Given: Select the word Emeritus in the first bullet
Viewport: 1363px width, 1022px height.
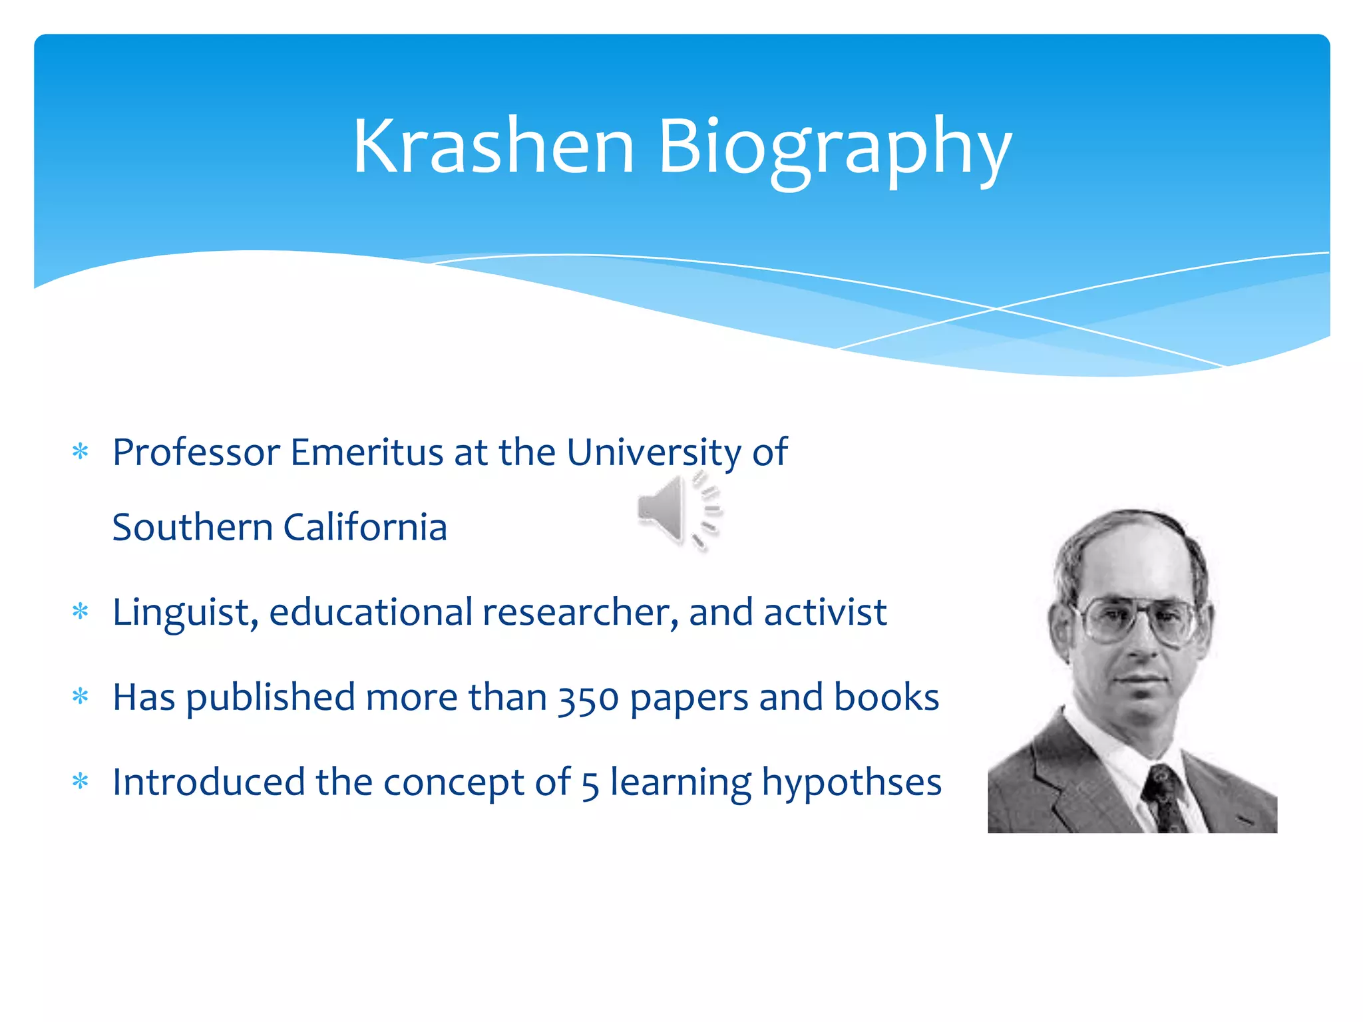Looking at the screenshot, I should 367,453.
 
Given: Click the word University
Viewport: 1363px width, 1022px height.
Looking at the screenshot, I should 654,453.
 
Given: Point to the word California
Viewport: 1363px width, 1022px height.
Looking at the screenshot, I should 365,528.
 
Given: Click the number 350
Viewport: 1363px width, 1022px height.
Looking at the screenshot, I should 588,699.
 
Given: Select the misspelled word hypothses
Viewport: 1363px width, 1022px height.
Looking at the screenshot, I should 851,783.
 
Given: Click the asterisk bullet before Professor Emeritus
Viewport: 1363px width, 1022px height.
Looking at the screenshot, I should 81,452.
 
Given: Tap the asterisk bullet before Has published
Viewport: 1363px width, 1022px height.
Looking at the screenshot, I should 81,697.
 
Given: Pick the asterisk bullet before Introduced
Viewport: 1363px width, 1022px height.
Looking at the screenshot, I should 81,781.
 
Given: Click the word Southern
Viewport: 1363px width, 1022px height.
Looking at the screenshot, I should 192,528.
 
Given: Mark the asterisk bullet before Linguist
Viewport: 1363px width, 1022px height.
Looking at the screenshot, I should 81,611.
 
